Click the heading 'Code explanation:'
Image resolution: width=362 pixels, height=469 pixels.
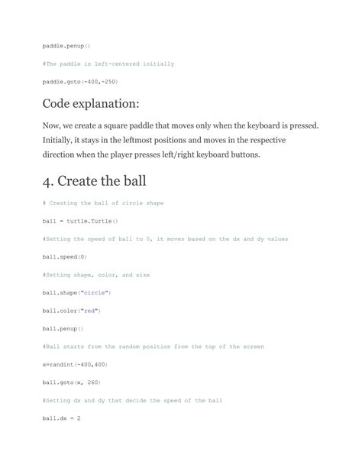point(96,103)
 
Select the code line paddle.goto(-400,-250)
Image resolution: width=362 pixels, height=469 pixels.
point(80,81)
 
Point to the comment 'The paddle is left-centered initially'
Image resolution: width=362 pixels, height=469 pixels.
point(108,64)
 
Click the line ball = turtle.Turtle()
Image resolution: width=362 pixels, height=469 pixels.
point(80,221)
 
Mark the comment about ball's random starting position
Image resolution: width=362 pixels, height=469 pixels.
point(154,347)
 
